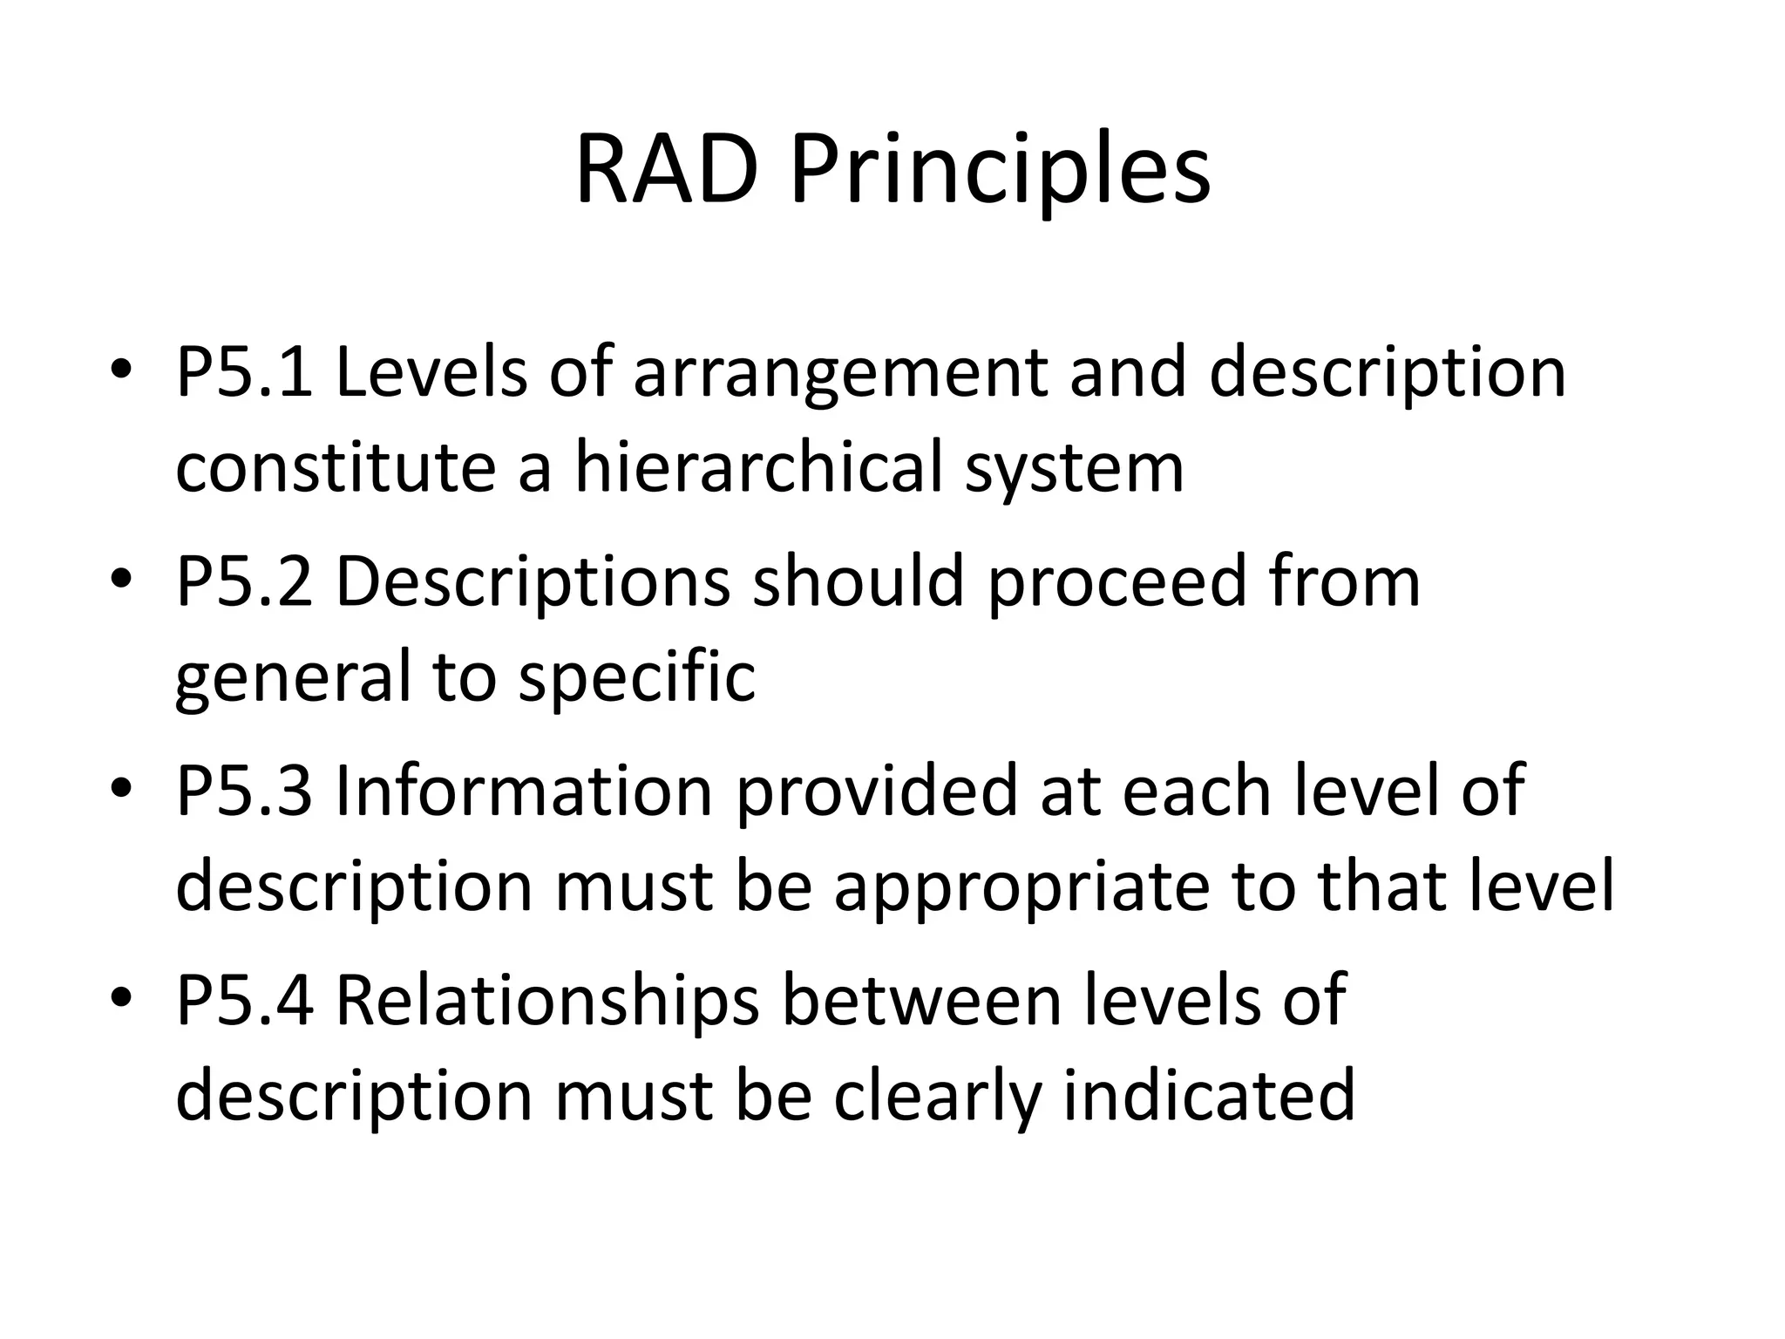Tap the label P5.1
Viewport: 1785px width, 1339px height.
coord(243,372)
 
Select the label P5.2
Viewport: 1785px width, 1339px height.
coord(243,581)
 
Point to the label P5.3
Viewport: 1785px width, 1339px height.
coord(243,791)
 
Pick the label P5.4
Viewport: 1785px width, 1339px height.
coord(243,1000)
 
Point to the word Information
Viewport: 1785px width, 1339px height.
coord(524,791)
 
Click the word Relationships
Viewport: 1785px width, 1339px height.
coord(547,1000)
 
